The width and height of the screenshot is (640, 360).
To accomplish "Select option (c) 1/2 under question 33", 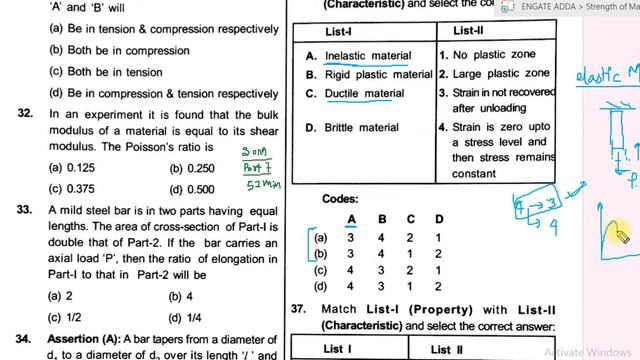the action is click(69, 317).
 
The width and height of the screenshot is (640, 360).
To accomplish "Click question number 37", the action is click(298, 310).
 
